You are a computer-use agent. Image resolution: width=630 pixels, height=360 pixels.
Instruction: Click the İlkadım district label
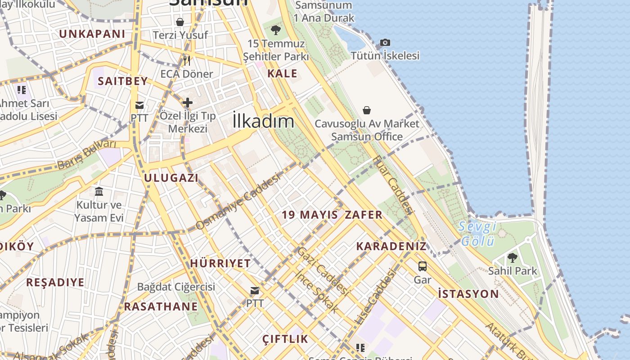click(x=264, y=121)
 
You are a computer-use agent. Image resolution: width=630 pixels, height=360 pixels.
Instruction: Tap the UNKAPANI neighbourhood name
click(x=92, y=34)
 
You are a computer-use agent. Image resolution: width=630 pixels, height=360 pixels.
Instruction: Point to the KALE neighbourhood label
click(x=282, y=73)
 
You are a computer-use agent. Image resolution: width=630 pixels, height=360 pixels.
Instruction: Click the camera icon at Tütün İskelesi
click(x=385, y=43)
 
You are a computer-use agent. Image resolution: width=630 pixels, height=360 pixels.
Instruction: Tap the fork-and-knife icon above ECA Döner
click(x=186, y=60)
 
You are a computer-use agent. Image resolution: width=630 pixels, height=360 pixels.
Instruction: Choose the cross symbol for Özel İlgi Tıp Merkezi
click(x=188, y=103)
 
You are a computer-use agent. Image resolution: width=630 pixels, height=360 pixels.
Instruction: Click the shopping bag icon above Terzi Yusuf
click(x=180, y=22)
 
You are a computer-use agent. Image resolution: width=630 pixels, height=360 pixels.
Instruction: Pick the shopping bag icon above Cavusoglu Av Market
click(x=367, y=110)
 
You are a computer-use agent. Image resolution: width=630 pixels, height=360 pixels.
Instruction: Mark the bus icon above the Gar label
click(x=423, y=266)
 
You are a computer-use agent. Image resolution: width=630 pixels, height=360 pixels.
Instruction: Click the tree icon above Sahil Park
click(x=512, y=258)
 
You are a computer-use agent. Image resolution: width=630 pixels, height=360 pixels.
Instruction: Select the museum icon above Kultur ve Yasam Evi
click(x=99, y=192)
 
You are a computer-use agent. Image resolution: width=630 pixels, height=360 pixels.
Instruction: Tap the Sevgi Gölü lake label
click(x=477, y=234)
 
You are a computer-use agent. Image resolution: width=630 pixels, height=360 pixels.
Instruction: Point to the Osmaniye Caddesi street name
click(x=238, y=200)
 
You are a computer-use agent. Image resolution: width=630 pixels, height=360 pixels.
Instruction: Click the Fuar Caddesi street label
click(x=392, y=184)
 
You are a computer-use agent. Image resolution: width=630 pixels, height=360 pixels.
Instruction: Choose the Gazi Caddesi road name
click(x=323, y=271)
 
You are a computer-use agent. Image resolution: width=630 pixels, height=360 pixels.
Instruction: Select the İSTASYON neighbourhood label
click(x=468, y=294)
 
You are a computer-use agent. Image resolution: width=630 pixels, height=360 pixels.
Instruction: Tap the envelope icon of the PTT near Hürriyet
click(x=255, y=291)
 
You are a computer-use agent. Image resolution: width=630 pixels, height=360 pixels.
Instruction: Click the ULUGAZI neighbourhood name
click(x=171, y=178)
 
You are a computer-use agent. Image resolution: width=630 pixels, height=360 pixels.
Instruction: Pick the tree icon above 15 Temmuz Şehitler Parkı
click(x=276, y=31)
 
